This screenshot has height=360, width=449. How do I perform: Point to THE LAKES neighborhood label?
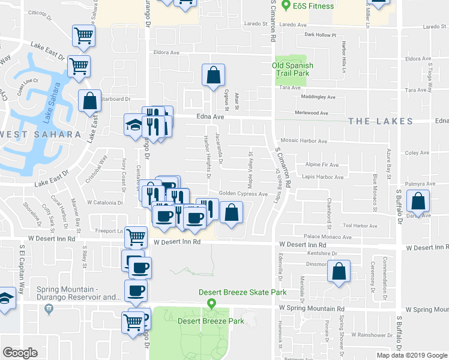point(381,121)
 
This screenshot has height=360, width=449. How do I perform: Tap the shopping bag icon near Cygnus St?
point(213,76)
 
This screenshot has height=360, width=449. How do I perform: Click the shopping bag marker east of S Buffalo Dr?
point(418,200)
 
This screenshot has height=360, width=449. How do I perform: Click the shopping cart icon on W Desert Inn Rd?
point(136,237)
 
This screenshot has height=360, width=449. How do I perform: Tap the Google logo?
point(20,353)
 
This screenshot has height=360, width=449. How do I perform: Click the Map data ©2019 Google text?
point(411,355)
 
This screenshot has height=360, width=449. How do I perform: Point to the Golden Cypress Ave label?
point(243,194)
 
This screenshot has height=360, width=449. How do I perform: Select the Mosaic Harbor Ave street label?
point(306,142)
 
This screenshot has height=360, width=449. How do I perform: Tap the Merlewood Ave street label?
point(311,113)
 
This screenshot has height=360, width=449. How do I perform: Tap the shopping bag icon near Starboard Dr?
point(89,101)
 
